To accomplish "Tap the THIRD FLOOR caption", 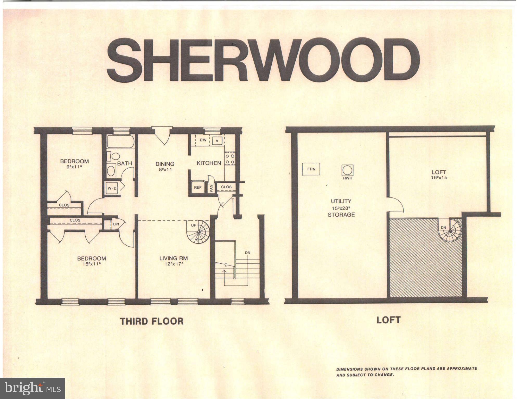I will (x=152, y=321).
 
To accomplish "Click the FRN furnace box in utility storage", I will (x=311, y=169).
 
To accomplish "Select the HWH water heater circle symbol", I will (x=347, y=170).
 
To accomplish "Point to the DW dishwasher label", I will (x=203, y=140).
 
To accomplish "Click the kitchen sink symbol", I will (x=217, y=141).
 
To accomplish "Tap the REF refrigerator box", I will (x=198, y=187).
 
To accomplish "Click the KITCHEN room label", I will (x=209, y=163).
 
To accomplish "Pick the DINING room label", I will (x=165, y=164).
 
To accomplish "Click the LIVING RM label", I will (x=174, y=258).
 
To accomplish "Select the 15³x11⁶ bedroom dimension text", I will (x=91, y=264).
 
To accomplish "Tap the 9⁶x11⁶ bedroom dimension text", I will (x=74, y=167).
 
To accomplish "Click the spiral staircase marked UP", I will (x=199, y=232).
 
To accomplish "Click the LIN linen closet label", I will (x=116, y=224).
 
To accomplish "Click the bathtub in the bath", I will (x=121, y=142).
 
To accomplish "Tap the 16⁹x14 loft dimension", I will (x=439, y=178).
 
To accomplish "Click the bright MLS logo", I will (x=33, y=388).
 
